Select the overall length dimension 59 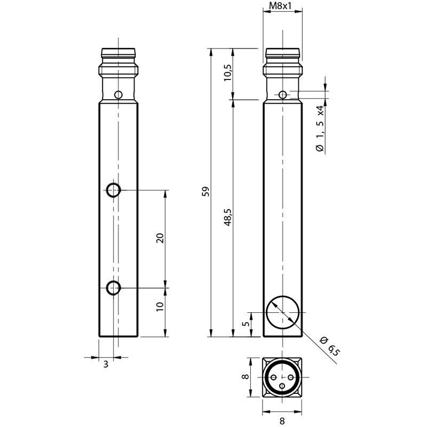point(206,192)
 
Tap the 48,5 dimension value point(228,217)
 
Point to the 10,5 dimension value point(228,73)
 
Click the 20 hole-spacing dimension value point(160,238)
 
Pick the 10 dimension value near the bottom point(160,307)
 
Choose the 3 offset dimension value point(106,364)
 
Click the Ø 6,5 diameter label point(330,346)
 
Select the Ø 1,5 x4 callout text point(320,128)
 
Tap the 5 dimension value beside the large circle point(246,324)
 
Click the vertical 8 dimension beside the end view point(246,377)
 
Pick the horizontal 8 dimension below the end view point(282,421)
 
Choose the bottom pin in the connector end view point(283,385)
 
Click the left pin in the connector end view point(274,377)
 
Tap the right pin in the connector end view point(291,377)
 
